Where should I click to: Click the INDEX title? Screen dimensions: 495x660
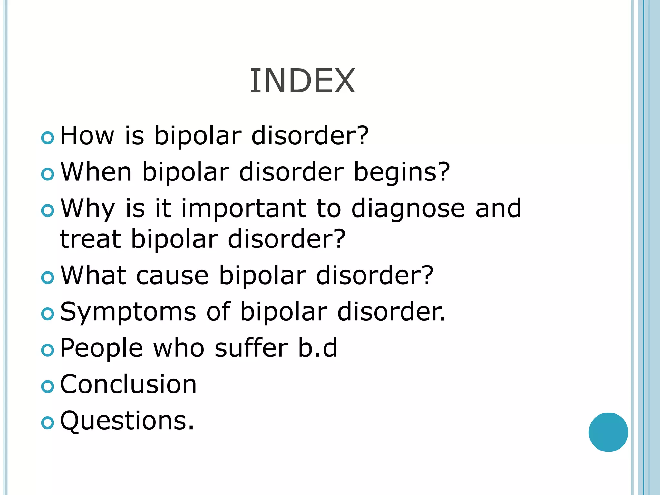click(x=302, y=81)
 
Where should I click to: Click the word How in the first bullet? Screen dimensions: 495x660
click(x=87, y=136)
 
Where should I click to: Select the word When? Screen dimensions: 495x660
click(x=96, y=172)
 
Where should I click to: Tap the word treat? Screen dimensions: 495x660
click(x=91, y=239)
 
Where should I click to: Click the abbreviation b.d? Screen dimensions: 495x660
click(x=318, y=348)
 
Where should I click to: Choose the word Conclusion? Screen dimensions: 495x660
click(x=128, y=384)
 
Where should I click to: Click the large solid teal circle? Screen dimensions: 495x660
click(x=608, y=432)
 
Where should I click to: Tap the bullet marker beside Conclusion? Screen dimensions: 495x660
click(x=48, y=386)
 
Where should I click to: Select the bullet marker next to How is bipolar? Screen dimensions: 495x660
click(x=48, y=138)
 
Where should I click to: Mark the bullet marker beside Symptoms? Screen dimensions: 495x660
click(x=48, y=314)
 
